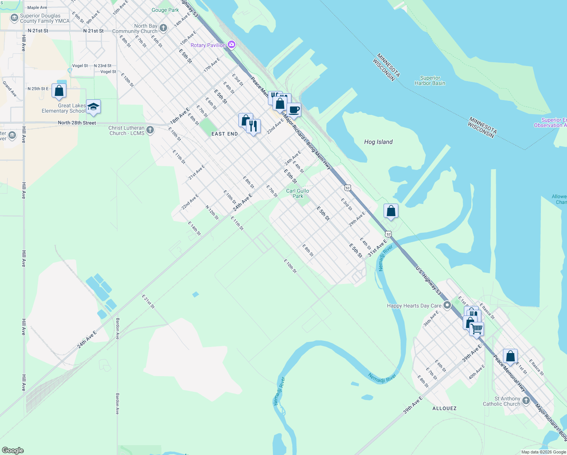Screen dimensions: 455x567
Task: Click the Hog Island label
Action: click(378, 142)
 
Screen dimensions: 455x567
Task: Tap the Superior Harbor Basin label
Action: click(430, 80)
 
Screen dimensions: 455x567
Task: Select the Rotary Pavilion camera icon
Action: click(232, 45)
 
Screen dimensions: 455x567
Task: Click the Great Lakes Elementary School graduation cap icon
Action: click(93, 107)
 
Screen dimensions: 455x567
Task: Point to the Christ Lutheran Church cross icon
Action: click(150, 130)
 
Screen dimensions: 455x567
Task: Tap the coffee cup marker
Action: click(294, 110)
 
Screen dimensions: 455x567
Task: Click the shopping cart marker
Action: click(477, 328)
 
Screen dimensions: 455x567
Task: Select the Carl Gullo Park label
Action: click(298, 193)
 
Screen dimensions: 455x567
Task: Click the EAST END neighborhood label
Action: click(224, 134)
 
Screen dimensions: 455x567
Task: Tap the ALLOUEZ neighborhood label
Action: click(444, 408)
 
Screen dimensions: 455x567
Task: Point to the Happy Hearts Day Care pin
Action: click(447, 305)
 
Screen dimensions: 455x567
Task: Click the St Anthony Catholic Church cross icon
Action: click(526, 400)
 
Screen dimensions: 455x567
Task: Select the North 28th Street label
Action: click(77, 123)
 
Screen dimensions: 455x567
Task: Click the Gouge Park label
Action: click(165, 10)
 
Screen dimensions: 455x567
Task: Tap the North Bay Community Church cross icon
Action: click(163, 28)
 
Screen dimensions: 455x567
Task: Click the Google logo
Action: click(13, 450)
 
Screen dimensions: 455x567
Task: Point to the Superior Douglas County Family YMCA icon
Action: click(14, 18)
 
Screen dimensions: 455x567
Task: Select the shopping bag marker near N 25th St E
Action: click(59, 91)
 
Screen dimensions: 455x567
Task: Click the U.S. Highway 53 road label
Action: click(428, 281)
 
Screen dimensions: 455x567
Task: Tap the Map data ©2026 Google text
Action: click(544, 452)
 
